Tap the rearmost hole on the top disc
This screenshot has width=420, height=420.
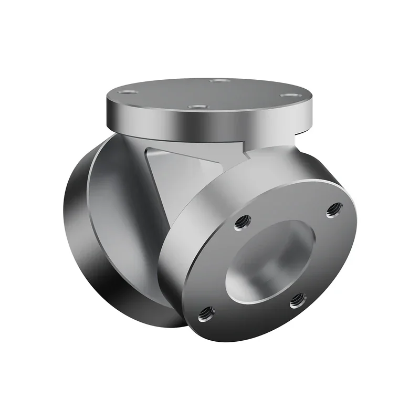pyautogui.click(x=219, y=81)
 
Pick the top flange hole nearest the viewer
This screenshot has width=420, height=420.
pyautogui.click(x=196, y=107)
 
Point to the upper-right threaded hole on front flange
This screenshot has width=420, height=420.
pyautogui.click(x=333, y=210)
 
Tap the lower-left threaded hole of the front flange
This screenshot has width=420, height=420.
pyautogui.click(x=206, y=314)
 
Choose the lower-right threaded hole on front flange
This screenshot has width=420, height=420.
pyautogui.click(x=298, y=300)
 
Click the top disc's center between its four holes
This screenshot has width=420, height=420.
pyautogui.click(x=210, y=93)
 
